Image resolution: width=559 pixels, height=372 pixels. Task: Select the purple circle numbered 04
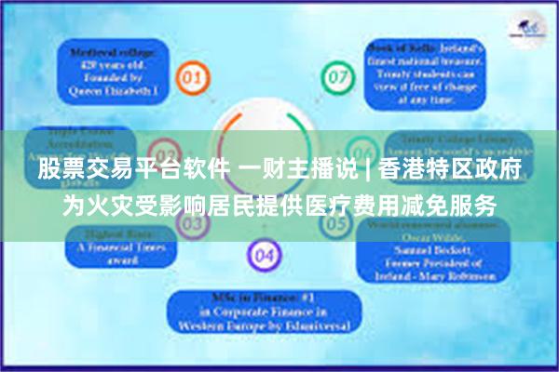pyautogui.click(x=265, y=253)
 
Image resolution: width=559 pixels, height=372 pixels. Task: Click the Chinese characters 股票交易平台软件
pyautogui.click(x=130, y=169)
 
